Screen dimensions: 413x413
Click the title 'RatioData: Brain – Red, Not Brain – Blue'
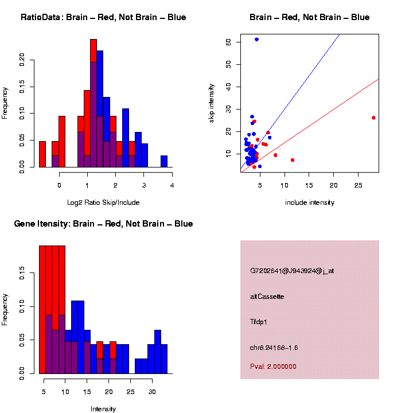(x=103, y=17)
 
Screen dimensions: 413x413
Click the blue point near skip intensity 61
(x=256, y=39)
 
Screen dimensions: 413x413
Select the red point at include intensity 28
(x=373, y=118)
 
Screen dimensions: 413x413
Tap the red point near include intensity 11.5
(x=293, y=160)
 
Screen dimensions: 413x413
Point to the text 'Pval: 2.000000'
(x=273, y=367)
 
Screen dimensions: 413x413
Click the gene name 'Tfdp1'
(x=259, y=322)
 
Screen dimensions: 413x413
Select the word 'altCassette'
(x=267, y=297)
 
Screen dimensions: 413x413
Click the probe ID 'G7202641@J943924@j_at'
(x=292, y=271)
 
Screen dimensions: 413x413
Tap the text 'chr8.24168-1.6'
(x=274, y=348)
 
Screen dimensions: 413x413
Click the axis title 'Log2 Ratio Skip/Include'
(x=103, y=202)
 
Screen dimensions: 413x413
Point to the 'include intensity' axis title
(x=310, y=202)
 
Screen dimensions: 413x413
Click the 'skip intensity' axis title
(x=211, y=103)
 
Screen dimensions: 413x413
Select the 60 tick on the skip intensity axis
(x=228, y=42)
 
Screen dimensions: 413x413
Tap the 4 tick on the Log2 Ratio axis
(x=172, y=185)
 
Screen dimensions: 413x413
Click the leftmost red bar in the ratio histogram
(x=42, y=154)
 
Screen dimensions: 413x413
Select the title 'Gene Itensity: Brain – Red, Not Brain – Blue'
(x=103, y=224)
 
